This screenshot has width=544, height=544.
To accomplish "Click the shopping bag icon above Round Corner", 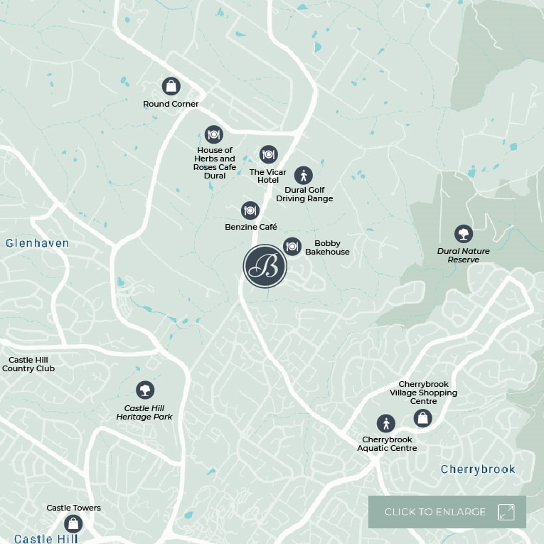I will (x=171, y=86).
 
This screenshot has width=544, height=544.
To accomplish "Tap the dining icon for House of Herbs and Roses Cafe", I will (x=213, y=134).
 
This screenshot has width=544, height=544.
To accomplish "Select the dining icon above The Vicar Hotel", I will (x=268, y=154).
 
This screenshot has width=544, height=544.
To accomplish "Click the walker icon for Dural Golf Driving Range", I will (x=304, y=175).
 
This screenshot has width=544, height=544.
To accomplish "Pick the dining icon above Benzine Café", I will (x=250, y=210).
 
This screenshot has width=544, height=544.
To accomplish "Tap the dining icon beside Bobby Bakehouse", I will (x=292, y=246).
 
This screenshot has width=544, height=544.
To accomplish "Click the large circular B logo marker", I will (x=265, y=266).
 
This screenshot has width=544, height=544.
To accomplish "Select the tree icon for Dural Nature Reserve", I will (x=464, y=233).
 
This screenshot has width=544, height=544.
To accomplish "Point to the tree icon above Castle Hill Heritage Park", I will (x=145, y=390).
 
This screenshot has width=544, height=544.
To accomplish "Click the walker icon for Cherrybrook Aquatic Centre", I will (x=385, y=424).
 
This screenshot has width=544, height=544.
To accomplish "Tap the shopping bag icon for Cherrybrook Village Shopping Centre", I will (x=423, y=417).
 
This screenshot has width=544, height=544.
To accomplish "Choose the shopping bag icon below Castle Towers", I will (x=73, y=524).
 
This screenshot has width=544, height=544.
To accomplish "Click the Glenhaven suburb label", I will (x=38, y=243).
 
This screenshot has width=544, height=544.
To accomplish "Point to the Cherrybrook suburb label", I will (x=478, y=469).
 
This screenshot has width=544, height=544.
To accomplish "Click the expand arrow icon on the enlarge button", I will (x=506, y=512).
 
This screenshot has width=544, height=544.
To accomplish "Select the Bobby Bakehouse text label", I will (x=327, y=247).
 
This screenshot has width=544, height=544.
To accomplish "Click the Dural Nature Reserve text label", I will (x=464, y=255).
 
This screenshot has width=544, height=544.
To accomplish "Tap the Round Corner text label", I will (x=171, y=104).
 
